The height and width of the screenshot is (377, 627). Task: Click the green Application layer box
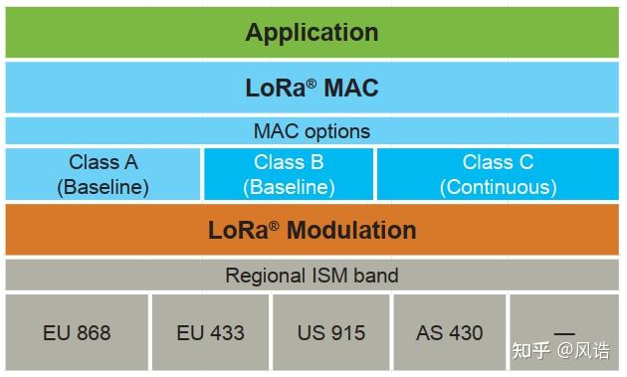[312, 32]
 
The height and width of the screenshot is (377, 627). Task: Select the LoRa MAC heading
[312, 88]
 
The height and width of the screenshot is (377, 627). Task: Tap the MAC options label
[312, 130]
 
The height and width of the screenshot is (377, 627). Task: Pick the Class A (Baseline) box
[104, 174]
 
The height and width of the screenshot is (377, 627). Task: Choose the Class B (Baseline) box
[289, 174]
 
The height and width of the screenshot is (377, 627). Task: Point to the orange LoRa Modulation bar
[312, 230]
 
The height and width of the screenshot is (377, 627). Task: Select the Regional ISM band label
[312, 276]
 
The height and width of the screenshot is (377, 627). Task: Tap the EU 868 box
[77, 332]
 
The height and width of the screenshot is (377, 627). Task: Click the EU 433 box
[210, 332]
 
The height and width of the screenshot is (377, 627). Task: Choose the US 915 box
[330, 332]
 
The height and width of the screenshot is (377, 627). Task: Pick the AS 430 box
[449, 332]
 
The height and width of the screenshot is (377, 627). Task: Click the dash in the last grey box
[564, 331]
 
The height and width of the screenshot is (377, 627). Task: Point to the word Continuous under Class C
[498, 186]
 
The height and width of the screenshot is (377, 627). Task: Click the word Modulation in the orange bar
[350, 230]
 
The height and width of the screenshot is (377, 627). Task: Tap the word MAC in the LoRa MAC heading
[350, 88]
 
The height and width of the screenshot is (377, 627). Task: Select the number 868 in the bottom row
[92, 332]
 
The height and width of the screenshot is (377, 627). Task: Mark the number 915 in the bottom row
[345, 332]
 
